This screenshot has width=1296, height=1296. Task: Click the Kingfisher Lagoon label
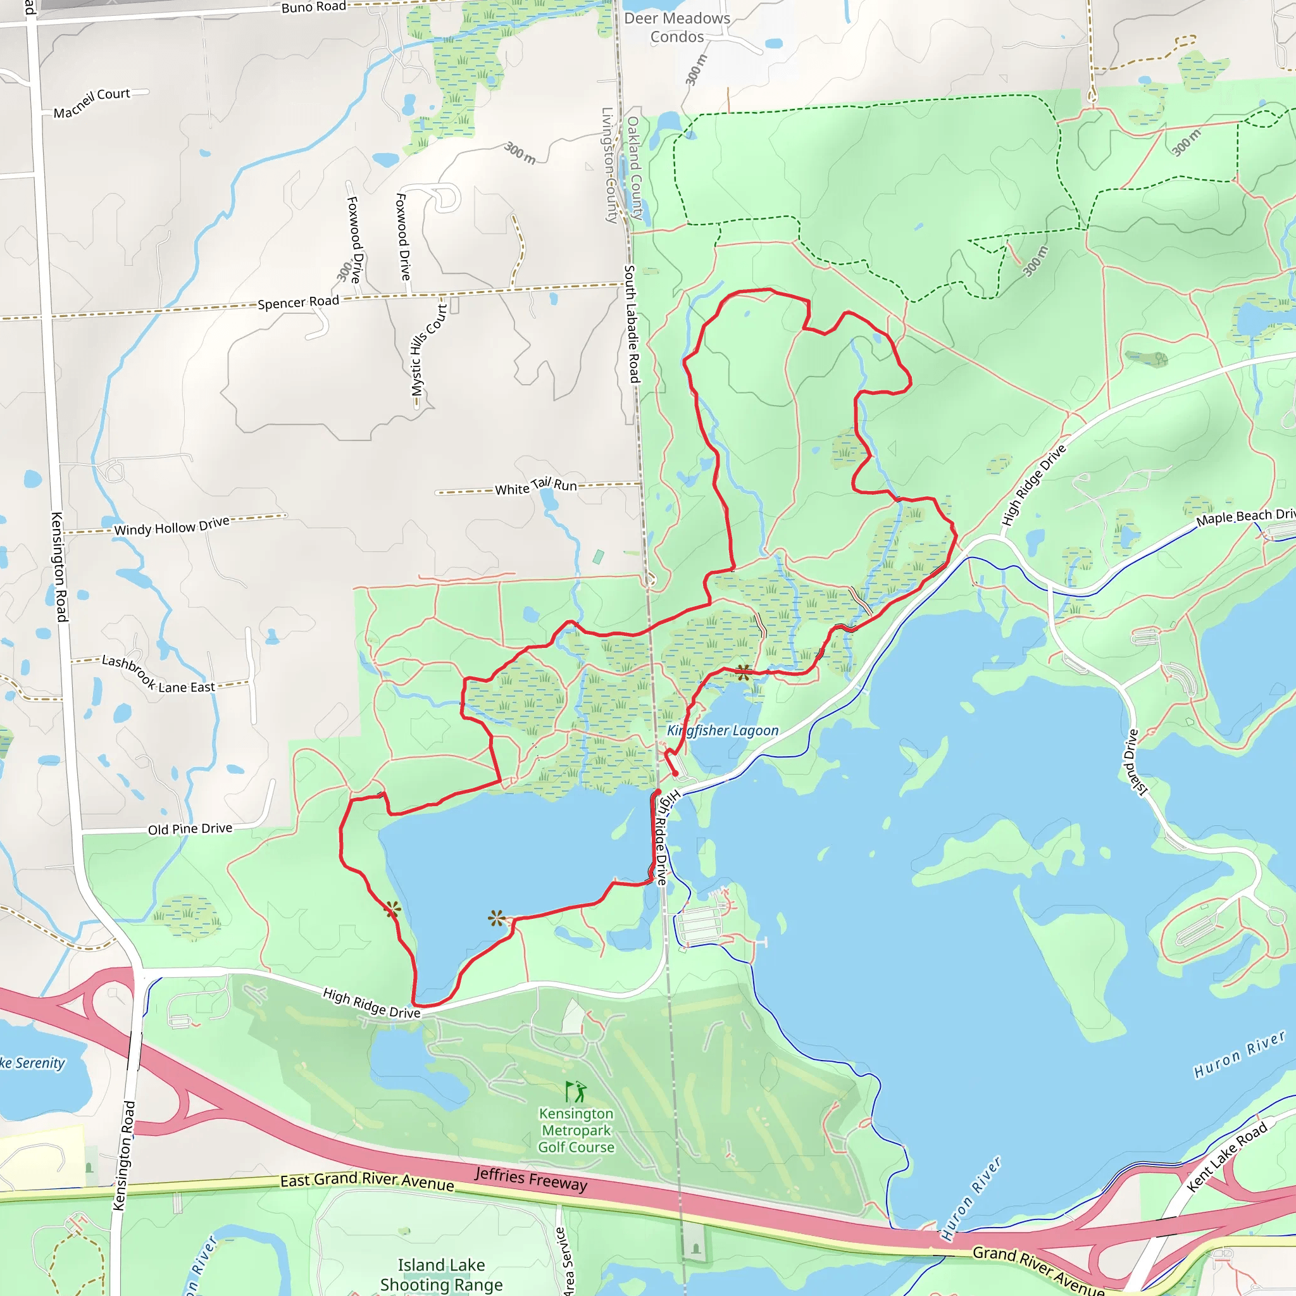[x=723, y=730]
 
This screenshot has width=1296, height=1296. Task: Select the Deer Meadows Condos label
[x=677, y=27]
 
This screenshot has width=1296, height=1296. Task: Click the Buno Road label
[x=313, y=8]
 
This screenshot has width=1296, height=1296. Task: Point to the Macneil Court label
[x=92, y=103]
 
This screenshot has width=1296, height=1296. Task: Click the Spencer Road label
[x=299, y=302]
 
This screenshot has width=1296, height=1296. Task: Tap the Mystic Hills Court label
[x=428, y=350]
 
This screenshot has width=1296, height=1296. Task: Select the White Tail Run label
[x=535, y=487]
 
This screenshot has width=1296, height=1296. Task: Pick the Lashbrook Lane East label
[x=158, y=675]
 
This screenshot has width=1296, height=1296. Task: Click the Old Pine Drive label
[x=190, y=829]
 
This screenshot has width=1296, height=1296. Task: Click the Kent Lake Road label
[x=1227, y=1157]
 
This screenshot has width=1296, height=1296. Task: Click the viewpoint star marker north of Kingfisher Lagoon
[x=744, y=672]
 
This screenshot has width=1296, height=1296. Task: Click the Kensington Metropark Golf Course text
[x=576, y=1130]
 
